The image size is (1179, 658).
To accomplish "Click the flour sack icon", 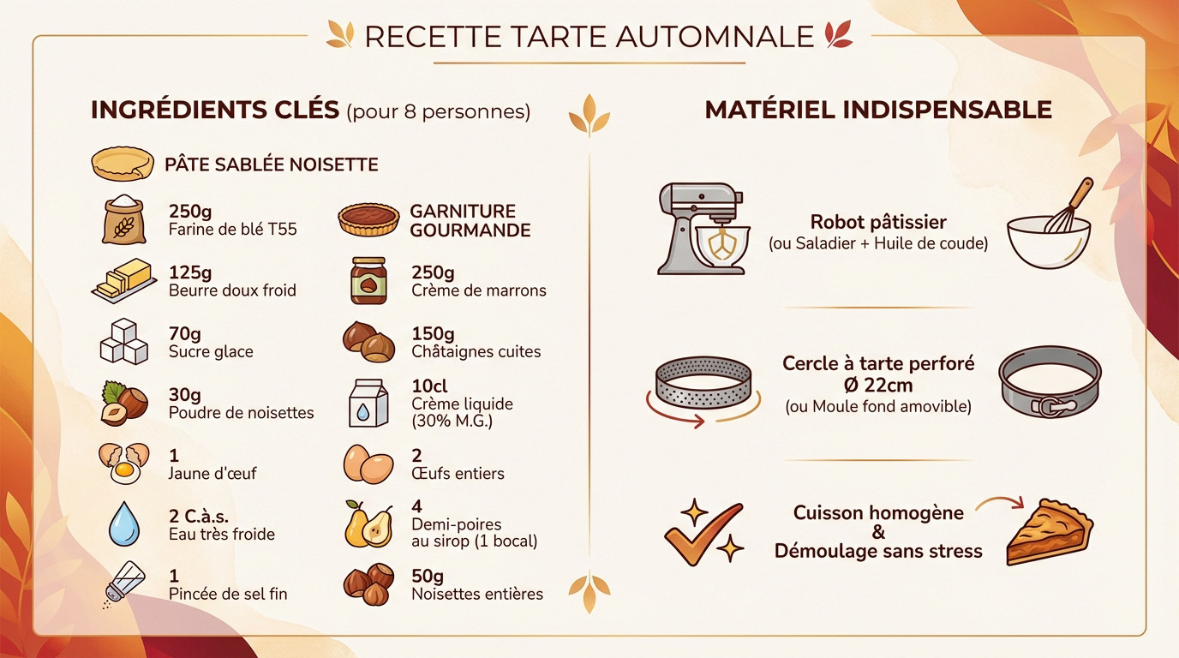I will pyautogui.click(x=124, y=220).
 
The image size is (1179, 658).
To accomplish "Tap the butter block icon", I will pyautogui.click(x=123, y=281).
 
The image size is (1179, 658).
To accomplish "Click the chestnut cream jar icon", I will pyautogui.click(x=368, y=281).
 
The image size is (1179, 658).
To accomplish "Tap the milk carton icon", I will pyautogui.click(x=368, y=403).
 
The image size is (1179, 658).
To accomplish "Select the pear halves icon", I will pyautogui.click(x=368, y=524).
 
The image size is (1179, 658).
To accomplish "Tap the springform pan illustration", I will pyautogui.click(x=1050, y=382).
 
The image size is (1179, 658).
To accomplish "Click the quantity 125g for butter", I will pyautogui.click(x=190, y=272).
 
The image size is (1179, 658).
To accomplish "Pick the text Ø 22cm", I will pyautogui.click(x=878, y=385).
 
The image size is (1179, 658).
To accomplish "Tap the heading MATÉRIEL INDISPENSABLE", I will pyautogui.click(x=878, y=110).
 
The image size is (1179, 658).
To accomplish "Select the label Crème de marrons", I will pyautogui.click(x=478, y=290).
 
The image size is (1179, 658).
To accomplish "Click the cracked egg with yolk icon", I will pyautogui.click(x=123, y=463).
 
